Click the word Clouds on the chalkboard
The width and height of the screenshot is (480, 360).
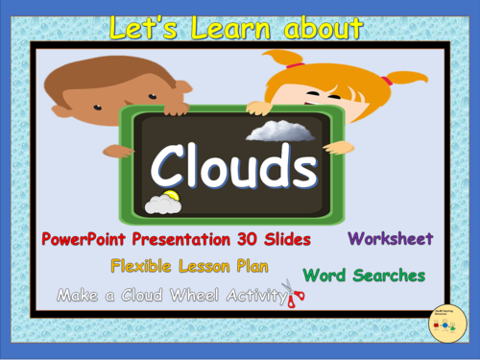pos(234,169)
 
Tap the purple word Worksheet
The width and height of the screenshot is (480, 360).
pos(390,238)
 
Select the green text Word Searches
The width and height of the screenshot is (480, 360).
pos(364,276)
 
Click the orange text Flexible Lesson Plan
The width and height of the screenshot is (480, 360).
pos(189,266)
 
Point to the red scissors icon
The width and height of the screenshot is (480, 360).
pos(294,294)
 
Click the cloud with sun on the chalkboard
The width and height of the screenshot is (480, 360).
pos(162,202)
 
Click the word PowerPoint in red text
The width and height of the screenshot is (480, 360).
pos(85,238)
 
